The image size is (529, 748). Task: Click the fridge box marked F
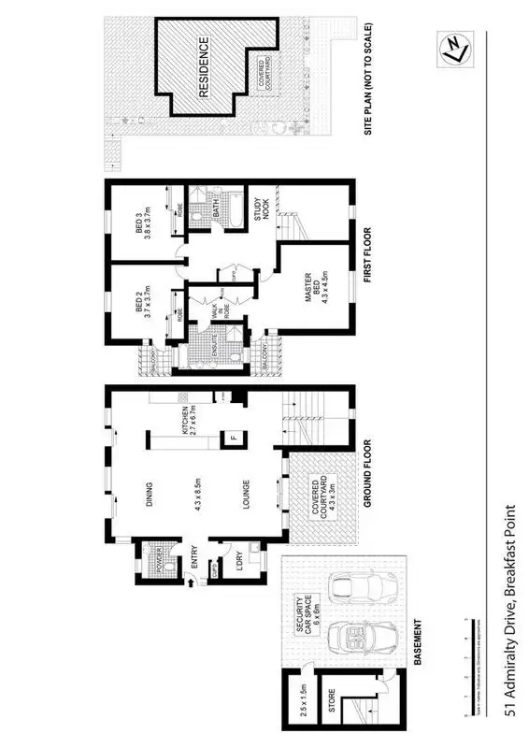231,438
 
